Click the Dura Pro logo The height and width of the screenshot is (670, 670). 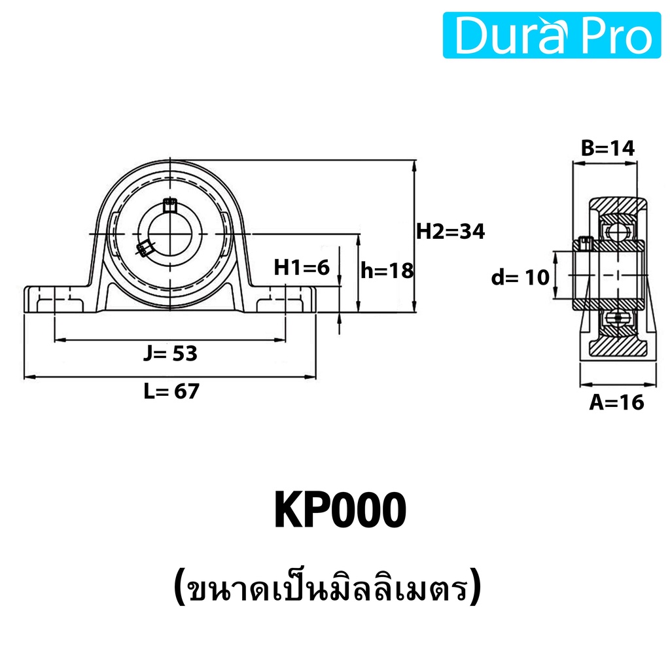coord(552,35)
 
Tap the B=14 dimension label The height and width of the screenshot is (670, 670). coord(608,149)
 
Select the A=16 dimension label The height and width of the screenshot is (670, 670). coord(616,402)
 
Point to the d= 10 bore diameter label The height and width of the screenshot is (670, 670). coord(520,277)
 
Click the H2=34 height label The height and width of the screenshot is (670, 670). coord(450,232)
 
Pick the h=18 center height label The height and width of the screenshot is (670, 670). coord(387,270)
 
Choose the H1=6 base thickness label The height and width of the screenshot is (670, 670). coord(302,268)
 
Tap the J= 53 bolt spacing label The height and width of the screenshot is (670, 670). coord(170,353)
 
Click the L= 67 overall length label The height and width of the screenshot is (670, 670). coord(171,391)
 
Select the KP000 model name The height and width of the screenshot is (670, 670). coord(340,510)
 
